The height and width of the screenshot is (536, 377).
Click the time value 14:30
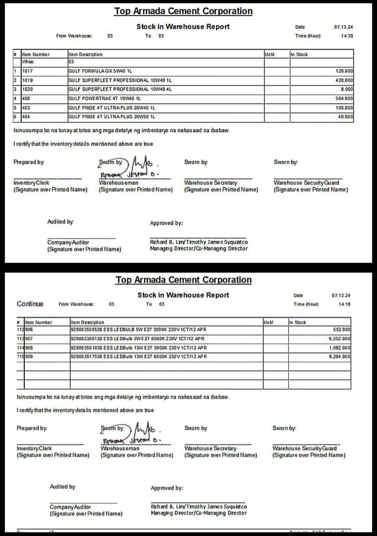click(x=347, y=36)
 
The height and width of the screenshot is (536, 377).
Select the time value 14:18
click(x=344, y=304)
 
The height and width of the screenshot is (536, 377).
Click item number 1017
click(x=28, y=71)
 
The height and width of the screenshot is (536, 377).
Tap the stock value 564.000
click(x=344, y=99)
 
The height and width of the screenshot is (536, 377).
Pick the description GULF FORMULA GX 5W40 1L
click(x=100, y=71)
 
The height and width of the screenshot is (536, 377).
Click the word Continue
click(x=30, y=304)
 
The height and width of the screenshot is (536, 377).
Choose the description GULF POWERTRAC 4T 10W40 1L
click(x=105, y=99)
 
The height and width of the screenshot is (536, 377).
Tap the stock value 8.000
click(x=347, y=89)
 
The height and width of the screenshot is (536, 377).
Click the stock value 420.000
click(x=344, y=80)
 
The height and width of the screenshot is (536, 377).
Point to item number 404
click(x=26, y=117)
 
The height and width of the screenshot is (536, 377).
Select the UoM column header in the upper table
click(x=270, y=55)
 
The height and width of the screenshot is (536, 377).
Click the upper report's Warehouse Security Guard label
click(x=306, y=183)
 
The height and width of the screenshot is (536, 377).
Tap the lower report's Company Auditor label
click(x=70, y=507)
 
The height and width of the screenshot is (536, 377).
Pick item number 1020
click(x=28, y=89)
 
